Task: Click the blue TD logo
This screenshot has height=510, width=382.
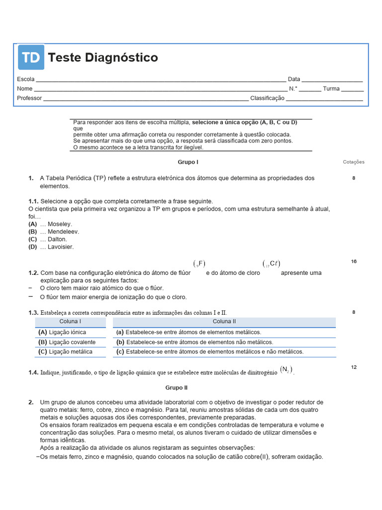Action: pos(31,57)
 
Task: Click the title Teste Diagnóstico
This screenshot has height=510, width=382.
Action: pos(103,58)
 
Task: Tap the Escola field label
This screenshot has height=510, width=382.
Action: pos(26,79)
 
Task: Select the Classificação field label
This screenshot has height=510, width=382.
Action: pos(267,98)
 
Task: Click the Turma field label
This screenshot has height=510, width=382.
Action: pos(331,89)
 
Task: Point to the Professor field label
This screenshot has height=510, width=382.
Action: pos(29,98)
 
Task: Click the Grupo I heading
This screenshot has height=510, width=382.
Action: pos(188,162)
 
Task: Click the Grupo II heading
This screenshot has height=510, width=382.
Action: pos(176,387)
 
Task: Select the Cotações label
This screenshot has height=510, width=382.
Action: pos(354,162)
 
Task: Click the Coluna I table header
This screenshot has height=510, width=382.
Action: pos(70,322)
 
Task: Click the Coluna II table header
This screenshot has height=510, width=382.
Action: pos(224,322)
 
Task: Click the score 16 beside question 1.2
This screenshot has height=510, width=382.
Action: pos(354,261)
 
